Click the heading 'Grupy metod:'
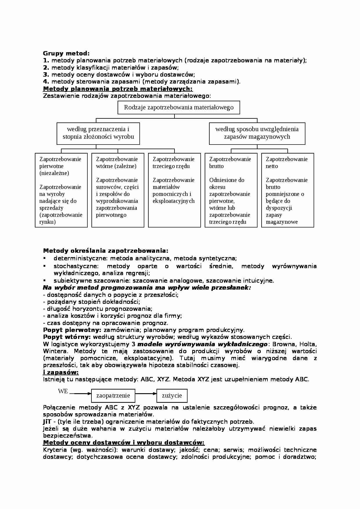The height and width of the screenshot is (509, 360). (66, 53)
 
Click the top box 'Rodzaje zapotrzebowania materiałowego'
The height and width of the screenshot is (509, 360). (179, 107)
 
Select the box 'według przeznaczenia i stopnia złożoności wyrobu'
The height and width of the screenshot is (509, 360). (98, 133)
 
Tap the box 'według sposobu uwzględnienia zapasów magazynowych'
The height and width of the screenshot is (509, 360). (257, 133)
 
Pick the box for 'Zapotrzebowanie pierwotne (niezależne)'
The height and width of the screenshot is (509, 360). (61, 190)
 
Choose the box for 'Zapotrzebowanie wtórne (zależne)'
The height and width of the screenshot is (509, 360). (118, 190)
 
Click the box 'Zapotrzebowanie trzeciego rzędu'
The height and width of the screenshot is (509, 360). (174, 190)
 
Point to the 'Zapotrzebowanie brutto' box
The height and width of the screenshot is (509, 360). (231, 190)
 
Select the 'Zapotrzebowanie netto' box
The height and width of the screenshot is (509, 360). (287, 190)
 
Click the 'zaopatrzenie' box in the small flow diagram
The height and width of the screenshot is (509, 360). (113, 396)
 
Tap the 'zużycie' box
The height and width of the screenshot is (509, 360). (172, 396)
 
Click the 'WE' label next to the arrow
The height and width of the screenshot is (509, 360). (63, 391)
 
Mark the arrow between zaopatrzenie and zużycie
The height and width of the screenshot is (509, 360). (146, 394)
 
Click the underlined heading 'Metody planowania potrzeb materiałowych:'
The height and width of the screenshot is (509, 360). (118, 89)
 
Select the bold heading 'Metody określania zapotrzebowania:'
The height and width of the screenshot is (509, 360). (105, 251)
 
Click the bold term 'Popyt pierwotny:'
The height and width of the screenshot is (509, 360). (72, 330)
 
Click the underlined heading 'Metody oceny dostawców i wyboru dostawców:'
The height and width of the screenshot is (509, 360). (124, 443)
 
